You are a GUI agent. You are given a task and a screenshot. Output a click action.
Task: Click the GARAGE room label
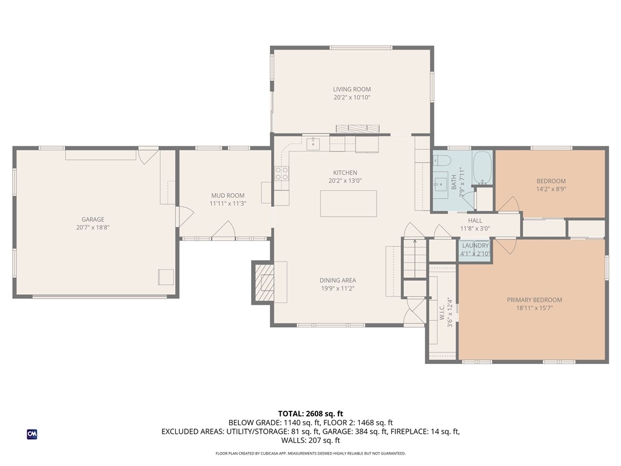pos(93,219)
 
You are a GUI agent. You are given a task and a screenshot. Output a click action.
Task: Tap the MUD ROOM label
pos(228,195)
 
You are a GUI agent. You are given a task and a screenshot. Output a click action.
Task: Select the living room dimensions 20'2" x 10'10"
pos(352,98)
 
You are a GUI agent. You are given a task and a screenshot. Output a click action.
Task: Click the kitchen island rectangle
pos(349,204)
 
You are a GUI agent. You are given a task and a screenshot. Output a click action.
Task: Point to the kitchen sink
pos(314,143)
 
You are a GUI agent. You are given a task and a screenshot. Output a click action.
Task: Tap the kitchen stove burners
pos(282,174)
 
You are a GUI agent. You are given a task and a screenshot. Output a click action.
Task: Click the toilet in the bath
pos(443,160)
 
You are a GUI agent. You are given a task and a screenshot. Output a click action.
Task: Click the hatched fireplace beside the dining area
pos(264,282)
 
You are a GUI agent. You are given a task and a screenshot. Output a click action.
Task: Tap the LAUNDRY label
pos(475,246)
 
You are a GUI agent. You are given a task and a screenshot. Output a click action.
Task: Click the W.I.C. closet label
pos(442,312)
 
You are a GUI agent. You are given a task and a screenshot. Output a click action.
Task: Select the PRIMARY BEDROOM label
pos(534,300)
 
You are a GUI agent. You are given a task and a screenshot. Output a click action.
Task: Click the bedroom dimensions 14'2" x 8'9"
pos(551,189)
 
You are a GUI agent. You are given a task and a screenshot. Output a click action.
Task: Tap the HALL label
pos(475,221)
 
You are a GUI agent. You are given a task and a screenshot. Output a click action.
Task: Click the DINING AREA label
pos(338,280)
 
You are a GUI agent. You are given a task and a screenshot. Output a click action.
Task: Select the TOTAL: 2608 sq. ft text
pos(310,414)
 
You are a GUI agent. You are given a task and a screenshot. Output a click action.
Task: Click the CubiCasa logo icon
pos(32,434)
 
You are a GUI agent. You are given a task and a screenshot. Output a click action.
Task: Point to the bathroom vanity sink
pos(440,184)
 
